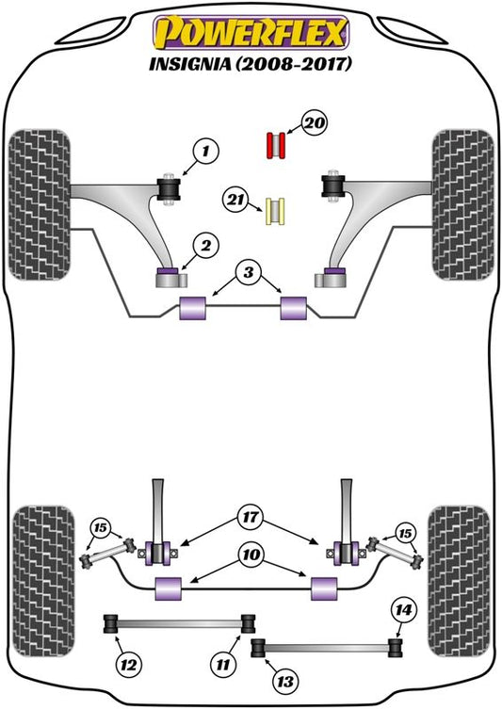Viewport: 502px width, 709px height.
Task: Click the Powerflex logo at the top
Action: pos(251,33)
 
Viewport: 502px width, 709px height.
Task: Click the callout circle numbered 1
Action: pos(205,151)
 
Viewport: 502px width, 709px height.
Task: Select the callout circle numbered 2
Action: pos(205,246)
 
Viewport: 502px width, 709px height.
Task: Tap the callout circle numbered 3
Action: pos(249,273)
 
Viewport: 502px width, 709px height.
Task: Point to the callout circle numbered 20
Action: pos(315,122)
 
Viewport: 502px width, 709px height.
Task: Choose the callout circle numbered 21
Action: pos(235,200)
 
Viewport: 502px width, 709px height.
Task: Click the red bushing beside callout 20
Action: pos(275,146)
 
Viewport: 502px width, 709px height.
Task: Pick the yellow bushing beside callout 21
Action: pos(275,212)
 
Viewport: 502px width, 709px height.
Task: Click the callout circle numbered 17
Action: pos(251,517)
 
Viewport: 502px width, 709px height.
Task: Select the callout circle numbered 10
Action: pos(251,555)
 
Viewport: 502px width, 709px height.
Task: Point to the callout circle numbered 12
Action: pos(128,665)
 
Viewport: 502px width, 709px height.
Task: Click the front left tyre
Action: pos(40,204)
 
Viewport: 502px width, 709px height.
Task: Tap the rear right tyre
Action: pos(459,581)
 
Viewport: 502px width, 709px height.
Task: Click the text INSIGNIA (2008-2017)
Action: pos(251,65)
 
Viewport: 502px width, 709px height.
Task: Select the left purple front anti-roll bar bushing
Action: pos(193,308)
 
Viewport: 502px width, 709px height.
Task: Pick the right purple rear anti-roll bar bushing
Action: pos(324,588)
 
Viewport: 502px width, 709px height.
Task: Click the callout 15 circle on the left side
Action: pos(101,527)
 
